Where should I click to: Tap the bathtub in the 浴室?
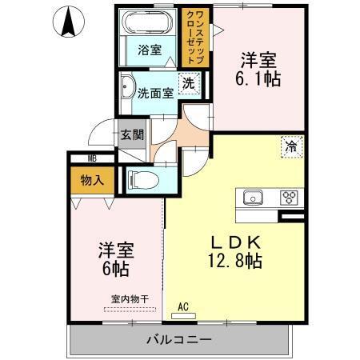click(x=150, y=24)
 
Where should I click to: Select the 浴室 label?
click(x=150, y=50)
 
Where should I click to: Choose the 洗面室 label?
click(x=155, y=93)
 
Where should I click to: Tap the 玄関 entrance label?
click(x=132, y=134)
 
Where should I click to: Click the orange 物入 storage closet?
click(x=93, y=180)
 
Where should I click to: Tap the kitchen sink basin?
click(x=253, y=198)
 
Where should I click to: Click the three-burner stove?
click(x=289, y=198)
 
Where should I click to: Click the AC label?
click(x=182, y=306)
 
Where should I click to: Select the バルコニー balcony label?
click(x=178, y=339)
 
